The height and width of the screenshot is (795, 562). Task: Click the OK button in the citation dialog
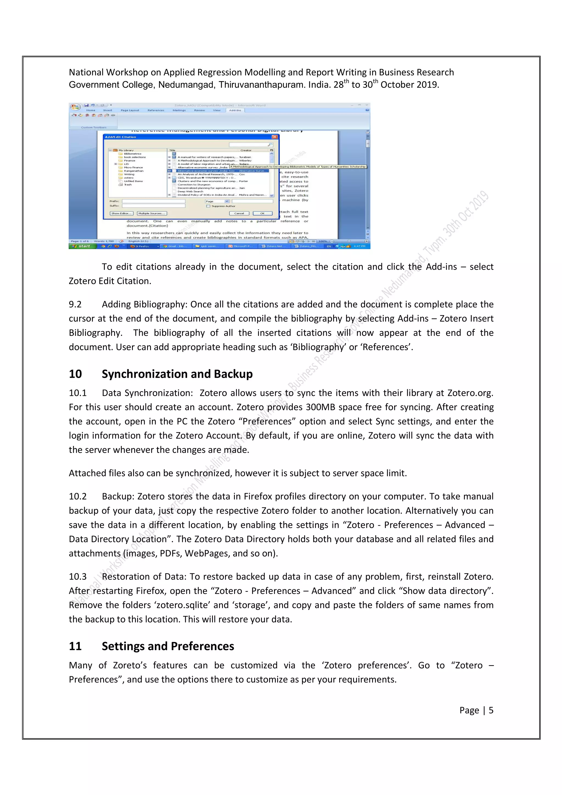[x=262, y=213]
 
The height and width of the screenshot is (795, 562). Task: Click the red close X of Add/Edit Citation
[x=275, y=137]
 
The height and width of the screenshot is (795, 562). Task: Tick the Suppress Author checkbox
[x=208, y=206]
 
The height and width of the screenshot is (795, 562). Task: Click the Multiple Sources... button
[x=152, y=213]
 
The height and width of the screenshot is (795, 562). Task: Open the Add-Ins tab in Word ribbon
[x=235, y=110]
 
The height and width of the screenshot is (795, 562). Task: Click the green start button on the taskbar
[x=82, y=246]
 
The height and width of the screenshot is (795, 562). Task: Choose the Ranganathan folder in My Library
[x=133, y=171]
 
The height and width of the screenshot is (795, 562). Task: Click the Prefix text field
[x=153, y=201]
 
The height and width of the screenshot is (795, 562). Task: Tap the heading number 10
[x=75, y=374]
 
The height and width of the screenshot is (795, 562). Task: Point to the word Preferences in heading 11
[x=202, y=646]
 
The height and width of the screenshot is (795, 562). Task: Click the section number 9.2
[x=75, y=304]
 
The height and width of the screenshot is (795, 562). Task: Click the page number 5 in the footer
[x=491, y=711]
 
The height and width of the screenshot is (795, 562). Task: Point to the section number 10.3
[x=78, y=577]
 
